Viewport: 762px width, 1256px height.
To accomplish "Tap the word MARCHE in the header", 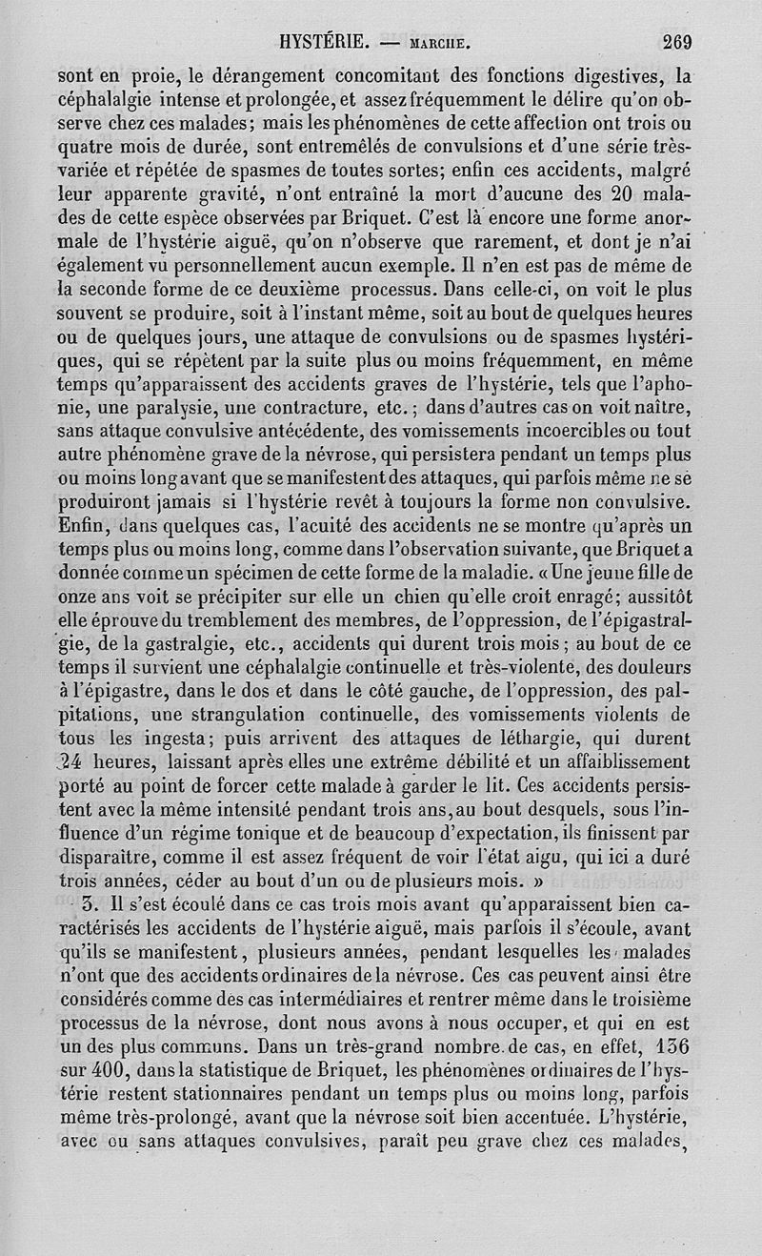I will pos(438,43).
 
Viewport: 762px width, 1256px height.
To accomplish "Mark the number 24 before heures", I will pos(71,762).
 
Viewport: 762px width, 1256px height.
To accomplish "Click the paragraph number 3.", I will pos(86,903).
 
